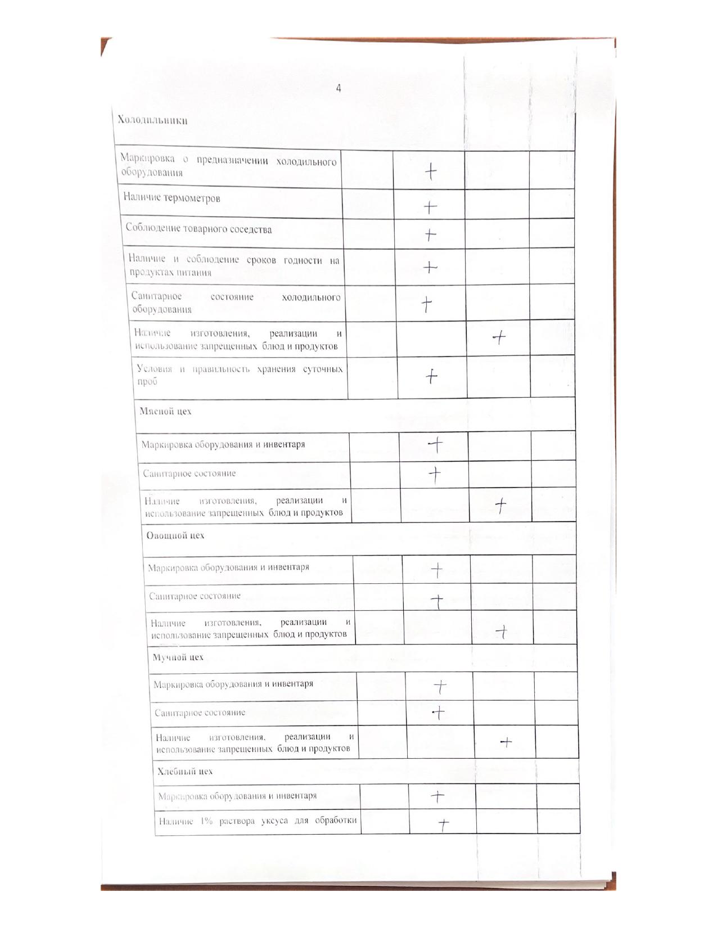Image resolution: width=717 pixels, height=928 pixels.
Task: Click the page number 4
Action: [339, 88]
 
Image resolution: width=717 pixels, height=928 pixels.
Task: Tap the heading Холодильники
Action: [152, 120]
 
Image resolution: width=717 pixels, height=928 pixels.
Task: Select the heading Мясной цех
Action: [165, 411]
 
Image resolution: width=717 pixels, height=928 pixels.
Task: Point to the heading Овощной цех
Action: [175, 535]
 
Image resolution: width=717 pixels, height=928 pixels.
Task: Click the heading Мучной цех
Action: [178, 657]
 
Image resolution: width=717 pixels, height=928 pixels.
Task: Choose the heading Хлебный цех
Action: [185, 771]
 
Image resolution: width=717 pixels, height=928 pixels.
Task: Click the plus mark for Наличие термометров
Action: [430, 208]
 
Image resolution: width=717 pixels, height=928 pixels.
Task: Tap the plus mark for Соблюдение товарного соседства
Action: [430, 235]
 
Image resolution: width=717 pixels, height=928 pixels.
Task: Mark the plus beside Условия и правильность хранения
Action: [431, 376]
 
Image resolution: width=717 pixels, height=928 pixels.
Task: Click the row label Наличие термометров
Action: [172, 198]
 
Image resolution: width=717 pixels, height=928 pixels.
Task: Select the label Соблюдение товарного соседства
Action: [199, 229]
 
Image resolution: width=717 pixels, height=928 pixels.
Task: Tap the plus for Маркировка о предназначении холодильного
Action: [430, 172]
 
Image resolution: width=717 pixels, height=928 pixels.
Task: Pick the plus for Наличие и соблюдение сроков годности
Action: [430, 267]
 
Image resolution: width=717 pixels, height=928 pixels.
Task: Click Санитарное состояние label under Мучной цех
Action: [200, 713]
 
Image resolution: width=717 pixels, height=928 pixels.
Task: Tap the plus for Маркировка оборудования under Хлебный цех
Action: [438, 796]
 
